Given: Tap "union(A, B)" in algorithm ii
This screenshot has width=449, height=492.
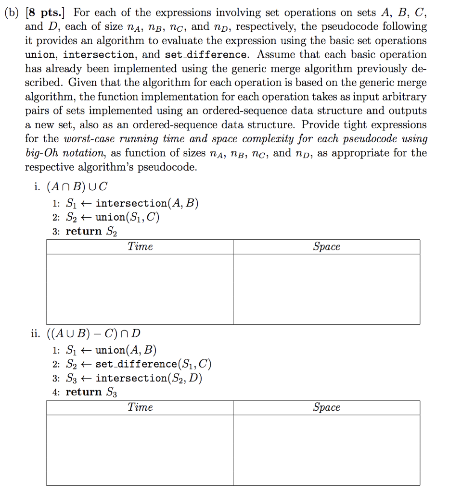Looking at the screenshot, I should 126,349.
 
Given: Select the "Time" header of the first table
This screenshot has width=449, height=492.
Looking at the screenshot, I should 140,247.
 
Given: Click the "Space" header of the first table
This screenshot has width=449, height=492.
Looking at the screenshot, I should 326,247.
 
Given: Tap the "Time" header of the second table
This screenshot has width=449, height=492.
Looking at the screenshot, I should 140,407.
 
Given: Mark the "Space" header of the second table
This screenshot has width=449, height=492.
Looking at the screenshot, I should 326,407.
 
